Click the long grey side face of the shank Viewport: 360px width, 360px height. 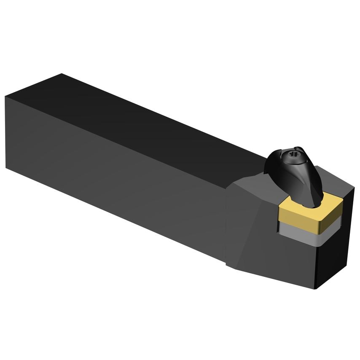[x=114, y=177]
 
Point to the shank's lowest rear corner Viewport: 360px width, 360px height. [x=7, y=167]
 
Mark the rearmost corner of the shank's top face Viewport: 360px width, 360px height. [x=62, y=75]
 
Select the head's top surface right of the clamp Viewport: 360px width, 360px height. [x=337, y=185]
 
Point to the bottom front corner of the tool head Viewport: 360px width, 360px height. [x=317, y=289]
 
